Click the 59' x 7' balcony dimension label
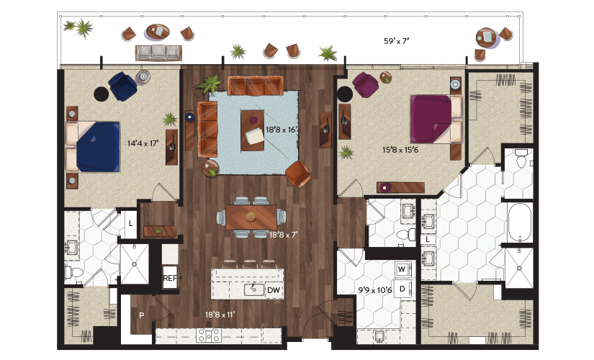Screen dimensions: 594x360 coord(397,41)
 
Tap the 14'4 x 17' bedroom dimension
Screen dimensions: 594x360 coord(143,143)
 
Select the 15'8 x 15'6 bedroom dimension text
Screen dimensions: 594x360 coord(400,150)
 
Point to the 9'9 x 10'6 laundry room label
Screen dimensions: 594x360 coord(374,290)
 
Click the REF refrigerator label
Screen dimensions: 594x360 coord(170,278)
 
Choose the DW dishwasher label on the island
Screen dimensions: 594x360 coord(274,290)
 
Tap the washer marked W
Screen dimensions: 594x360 coord(402,269)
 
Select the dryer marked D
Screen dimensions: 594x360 coord(402,289)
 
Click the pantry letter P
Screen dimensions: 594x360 coord(141,315)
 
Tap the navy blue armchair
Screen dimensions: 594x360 coord(122,86)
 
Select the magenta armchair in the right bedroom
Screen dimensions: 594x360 coord(365,84)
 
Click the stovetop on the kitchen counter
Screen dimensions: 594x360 coord(208,335)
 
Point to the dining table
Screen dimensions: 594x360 coord(251,217)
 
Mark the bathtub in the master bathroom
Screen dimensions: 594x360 coord(520,222)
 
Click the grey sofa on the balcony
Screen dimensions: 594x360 coord(158,53)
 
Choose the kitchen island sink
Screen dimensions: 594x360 coord(254,290)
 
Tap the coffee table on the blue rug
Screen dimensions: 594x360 coord(252,130)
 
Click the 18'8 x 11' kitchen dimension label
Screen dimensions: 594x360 coord(220,315)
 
